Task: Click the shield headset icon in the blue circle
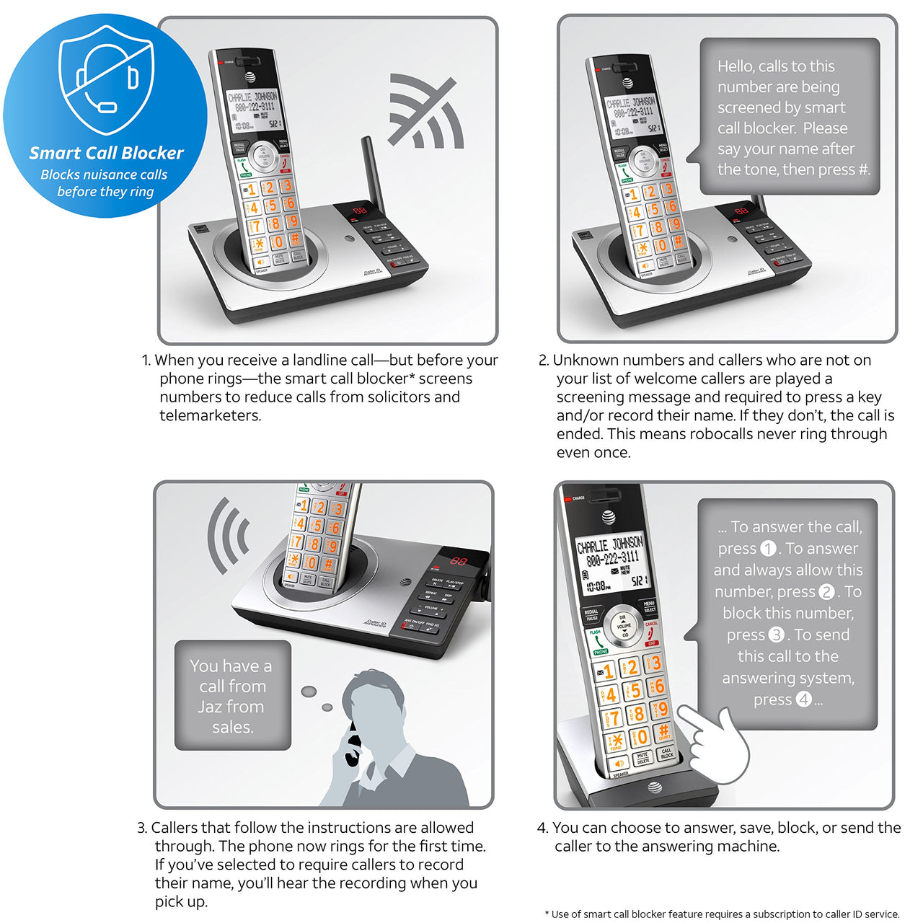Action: coord(106,77)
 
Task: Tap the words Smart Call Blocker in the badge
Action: coord(106,153)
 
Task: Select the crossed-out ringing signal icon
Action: coord(425,111)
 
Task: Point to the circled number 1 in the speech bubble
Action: coord(769,549)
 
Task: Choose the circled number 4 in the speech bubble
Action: coord(803,699)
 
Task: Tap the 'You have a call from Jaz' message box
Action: coord(232,696)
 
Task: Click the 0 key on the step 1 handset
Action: coord(278,242)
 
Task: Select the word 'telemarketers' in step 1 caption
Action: coord(210,415)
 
